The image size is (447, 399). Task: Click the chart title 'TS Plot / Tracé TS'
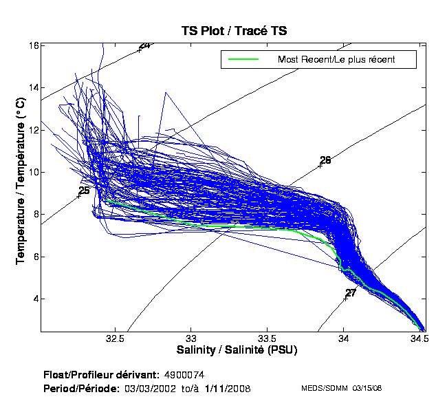[233, 31]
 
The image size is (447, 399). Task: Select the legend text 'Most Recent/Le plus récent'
[336, 60]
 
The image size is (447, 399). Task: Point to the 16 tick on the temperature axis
[33, 45]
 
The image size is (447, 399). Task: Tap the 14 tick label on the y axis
[33, 87]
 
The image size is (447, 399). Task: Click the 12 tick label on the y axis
[33, 130]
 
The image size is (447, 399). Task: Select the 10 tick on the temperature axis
[33, 172]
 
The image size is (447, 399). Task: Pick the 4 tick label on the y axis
[35, 299]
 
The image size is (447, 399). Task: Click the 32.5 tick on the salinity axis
[116, 338]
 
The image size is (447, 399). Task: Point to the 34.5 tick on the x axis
[419, 338]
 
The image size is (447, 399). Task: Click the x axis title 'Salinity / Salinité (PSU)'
[233, 350]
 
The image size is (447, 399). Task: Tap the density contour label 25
[84, 191]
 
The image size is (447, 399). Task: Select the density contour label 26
[325, 160]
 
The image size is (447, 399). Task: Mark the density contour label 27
[351, 293]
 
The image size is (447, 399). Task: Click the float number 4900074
[184, 375]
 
